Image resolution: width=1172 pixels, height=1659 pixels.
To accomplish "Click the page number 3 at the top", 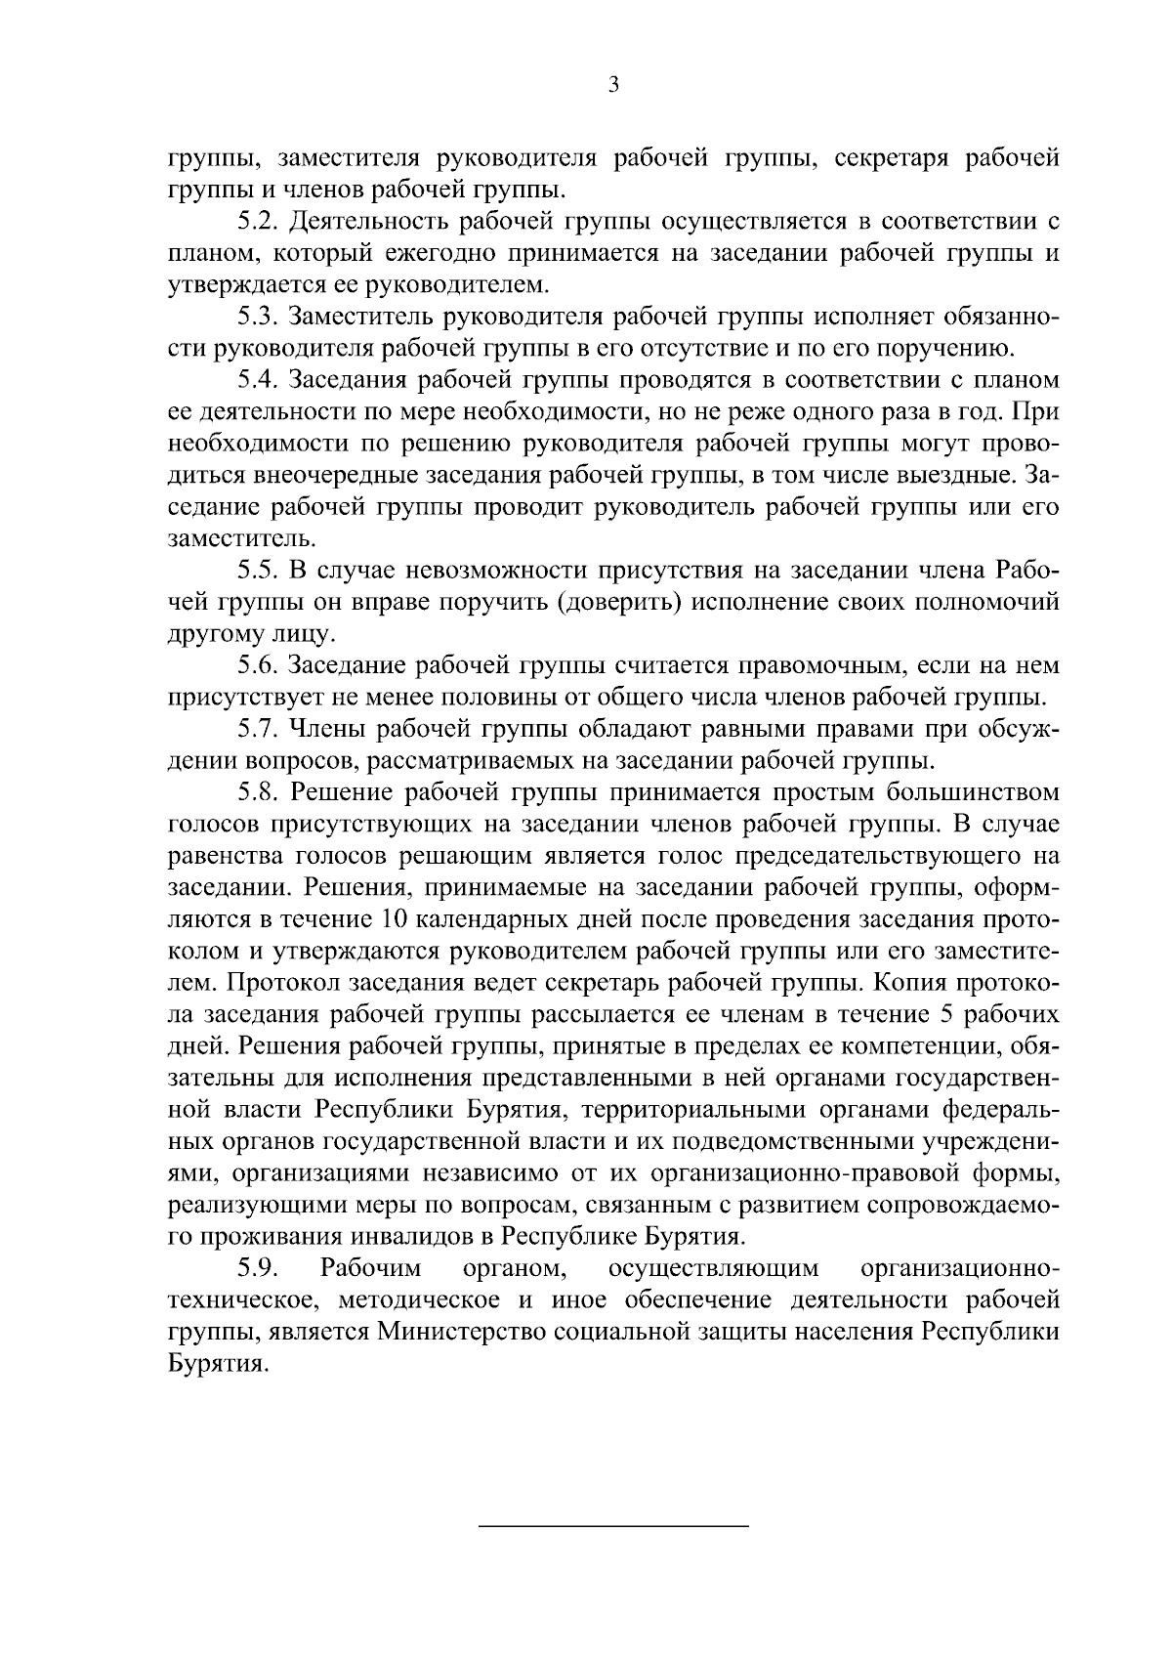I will coord(612,85).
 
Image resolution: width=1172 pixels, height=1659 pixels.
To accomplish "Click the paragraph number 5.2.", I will coord(259,222).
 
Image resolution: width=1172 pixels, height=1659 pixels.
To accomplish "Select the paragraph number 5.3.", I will coord(259,317).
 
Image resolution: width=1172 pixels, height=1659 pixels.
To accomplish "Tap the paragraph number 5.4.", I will coord(259,380).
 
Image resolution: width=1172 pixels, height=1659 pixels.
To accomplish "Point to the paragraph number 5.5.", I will coord(259,570).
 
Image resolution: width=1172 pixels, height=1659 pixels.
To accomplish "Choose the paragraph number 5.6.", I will coord(259,665).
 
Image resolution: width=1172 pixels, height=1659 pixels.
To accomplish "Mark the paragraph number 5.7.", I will coord(259,729).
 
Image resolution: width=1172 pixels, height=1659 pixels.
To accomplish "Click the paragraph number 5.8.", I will coord(259,791).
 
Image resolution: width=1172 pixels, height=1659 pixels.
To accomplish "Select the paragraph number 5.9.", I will coord(259,1268).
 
